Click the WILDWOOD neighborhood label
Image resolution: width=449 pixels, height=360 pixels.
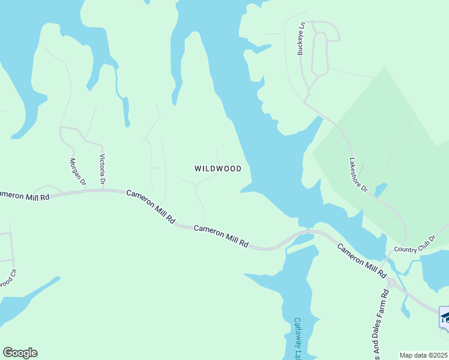click(x=218, y=169)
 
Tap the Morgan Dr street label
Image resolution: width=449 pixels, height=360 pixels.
click(x=79, y=172)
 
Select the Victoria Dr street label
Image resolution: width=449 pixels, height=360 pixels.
click(x=103, y=169)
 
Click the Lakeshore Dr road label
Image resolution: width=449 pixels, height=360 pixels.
click(x=358, y=175)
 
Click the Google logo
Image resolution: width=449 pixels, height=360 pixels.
click(x=20, y=353)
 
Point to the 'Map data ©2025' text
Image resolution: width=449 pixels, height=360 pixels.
click(x=424, y=355)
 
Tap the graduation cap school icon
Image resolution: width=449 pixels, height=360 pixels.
click(x=445, y=317)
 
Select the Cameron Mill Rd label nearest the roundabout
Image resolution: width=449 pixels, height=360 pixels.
click(x=361, y=260)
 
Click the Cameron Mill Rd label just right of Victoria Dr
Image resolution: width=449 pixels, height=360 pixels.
click(x=151, y=207)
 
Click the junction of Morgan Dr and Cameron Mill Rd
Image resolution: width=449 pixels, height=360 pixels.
click(x=85, y=190)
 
